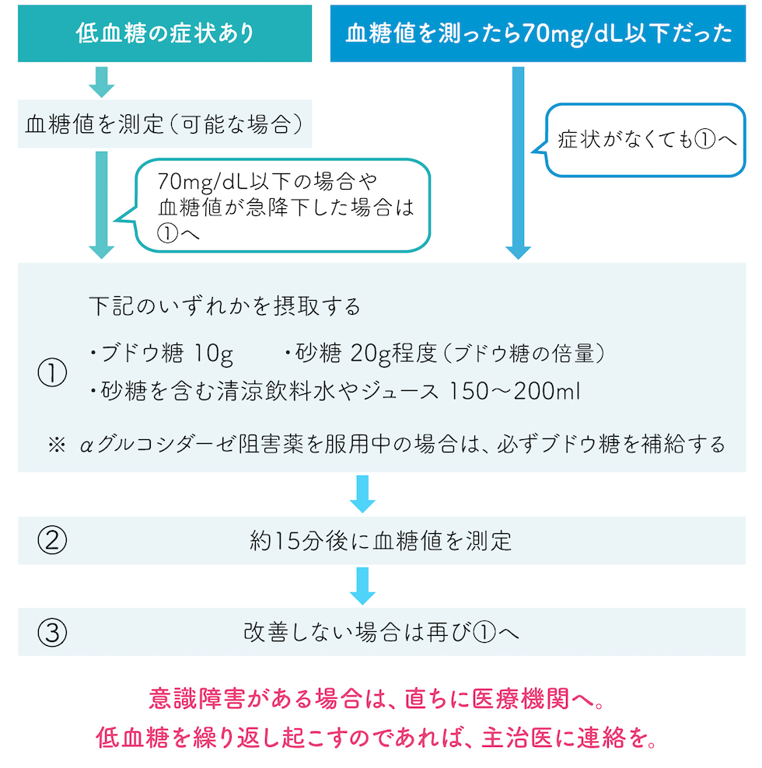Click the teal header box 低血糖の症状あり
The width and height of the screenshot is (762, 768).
(165, 33)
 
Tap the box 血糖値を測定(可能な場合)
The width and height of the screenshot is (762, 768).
(164, 124)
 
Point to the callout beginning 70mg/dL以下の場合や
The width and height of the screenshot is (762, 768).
(284, 206)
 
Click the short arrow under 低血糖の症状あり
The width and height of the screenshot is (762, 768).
(102, 81)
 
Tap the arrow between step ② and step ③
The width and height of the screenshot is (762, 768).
(363, 585)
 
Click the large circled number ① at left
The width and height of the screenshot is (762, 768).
(52, 373)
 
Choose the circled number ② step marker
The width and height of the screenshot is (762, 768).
(52, 540)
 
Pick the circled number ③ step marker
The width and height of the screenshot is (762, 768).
(52, 633)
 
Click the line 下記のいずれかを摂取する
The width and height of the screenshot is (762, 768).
(225, 306)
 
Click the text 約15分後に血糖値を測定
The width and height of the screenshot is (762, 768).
(381, 541)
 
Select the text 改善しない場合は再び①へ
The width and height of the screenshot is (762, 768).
(381, 633)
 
